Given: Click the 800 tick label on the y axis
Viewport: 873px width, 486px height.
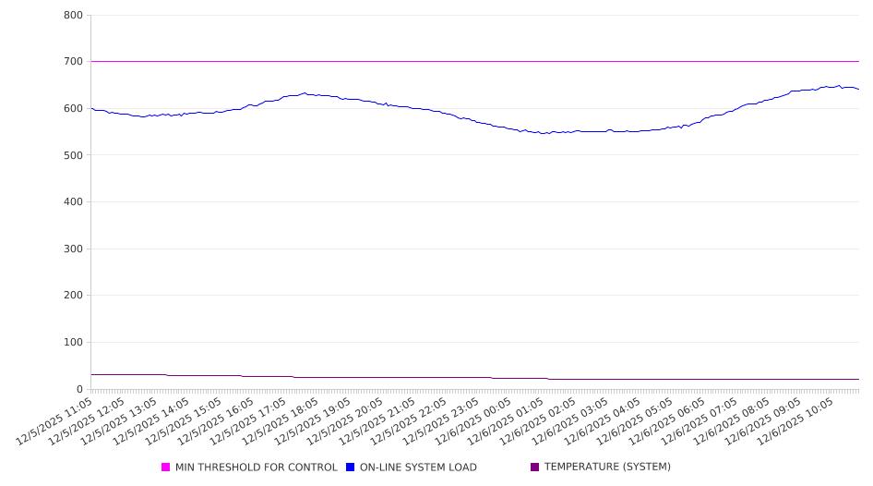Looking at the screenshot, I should point(73,16).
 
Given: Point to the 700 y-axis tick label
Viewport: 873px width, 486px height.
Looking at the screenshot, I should point(73,62).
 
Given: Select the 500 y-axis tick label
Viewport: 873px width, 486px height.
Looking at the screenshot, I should point(73,155).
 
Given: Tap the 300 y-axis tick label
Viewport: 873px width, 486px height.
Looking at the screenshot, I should point(73,249).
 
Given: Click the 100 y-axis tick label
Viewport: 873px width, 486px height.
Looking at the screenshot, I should point(73,343).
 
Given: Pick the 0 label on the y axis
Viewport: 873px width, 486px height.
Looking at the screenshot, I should point(80,390).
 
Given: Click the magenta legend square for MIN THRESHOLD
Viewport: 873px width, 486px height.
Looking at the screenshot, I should point(166,468).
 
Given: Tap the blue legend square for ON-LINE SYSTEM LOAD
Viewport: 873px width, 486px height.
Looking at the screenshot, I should point(351,468).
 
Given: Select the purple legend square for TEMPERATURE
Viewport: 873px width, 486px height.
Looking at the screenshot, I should point(535,468).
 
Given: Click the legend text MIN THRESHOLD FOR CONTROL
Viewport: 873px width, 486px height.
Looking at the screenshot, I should point(257,468).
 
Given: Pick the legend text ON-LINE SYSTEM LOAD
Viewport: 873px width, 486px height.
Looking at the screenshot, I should point(418,468).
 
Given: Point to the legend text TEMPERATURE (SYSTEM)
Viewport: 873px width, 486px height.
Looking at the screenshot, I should point(607,468).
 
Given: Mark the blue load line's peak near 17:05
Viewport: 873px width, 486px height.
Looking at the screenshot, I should point(305,93).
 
